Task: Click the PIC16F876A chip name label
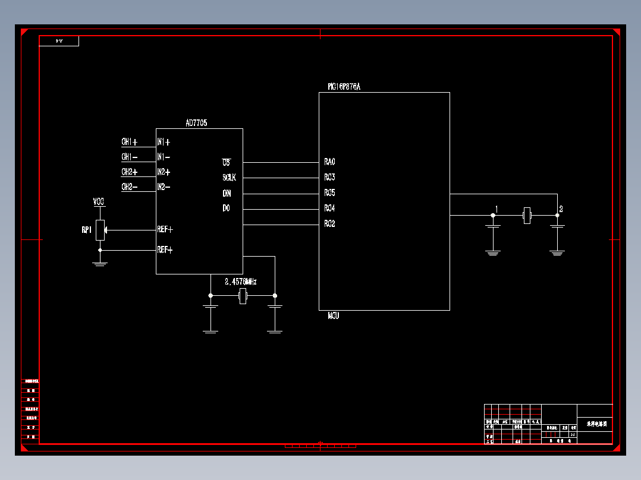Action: point(344,87)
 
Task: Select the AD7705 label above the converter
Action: point(196,123)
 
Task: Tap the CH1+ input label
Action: point(130,142)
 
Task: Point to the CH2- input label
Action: point(130,187)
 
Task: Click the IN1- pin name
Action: point(164,157)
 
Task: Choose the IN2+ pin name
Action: point(164,172)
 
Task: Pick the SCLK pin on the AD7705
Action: point(229,177)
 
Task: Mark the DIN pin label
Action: point(227,193)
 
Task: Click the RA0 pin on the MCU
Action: point(330,162)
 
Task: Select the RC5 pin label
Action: point(330,193)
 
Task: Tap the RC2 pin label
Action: point(330,224)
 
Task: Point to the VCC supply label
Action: point(99,203)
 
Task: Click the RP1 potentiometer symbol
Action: point(100,230)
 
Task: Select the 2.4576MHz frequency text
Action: point(241,282)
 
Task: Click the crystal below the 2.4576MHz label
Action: point(242,296)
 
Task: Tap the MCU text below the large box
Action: point(334,316)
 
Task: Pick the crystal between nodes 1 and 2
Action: point(526,215)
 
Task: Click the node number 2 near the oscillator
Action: point(561,209)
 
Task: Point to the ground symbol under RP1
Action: point(100,262)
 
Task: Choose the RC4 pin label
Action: point(330,209)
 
